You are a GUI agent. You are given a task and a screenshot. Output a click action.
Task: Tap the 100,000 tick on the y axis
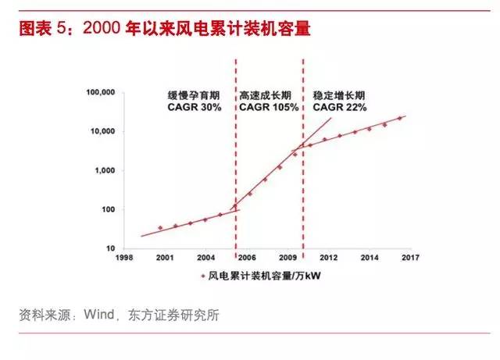click(98, 92)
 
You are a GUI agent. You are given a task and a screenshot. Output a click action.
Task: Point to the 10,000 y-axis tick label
click(101, 131)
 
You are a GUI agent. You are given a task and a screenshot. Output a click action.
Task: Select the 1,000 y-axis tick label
click(104, 170)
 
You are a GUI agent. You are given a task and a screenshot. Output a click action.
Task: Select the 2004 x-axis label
click(205, 257)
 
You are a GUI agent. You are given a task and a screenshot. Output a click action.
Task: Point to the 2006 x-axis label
click(246, 257)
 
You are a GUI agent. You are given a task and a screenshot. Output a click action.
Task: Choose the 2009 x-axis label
click(287, 257)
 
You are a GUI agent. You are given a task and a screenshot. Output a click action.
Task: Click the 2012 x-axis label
click(328, 257)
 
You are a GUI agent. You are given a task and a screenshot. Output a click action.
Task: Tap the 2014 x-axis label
click(370, 257)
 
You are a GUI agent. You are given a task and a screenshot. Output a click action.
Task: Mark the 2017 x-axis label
click(410, 257)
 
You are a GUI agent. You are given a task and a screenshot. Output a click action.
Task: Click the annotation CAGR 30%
click(195, 106)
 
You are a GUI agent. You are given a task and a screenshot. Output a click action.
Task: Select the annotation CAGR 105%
click(269, 106)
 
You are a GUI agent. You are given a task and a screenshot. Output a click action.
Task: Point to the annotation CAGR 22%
click(339, 106)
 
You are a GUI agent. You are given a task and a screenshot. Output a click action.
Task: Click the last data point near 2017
click(400, 118)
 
